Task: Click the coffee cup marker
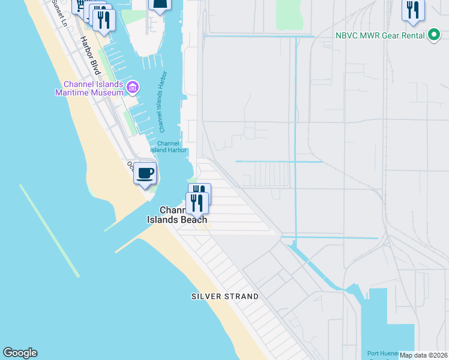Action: (x=145, y=173)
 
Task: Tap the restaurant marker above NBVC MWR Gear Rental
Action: (x=413, y=10)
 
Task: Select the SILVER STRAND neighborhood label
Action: (x=225, y=296)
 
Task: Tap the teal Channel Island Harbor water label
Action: (x=172, y=146)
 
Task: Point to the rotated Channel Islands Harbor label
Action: (x=161, y=105)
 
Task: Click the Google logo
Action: (x=20, y=353)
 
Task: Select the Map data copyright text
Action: (x=423, y=355)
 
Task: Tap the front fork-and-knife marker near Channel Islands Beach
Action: (x=197, y=204)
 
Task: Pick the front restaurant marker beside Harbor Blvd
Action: (x=104, y=20)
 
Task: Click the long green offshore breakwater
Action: (x=49, y=230)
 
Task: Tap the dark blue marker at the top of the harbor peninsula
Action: (x=160, y=5)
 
